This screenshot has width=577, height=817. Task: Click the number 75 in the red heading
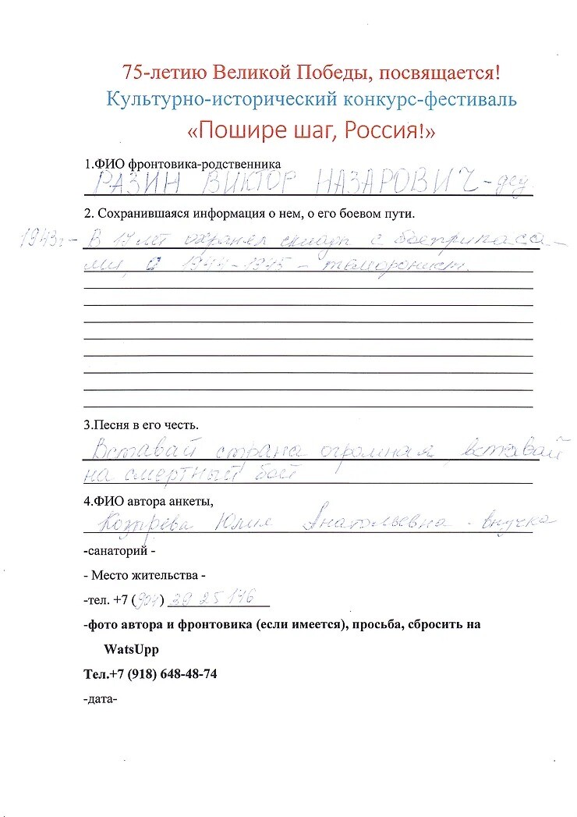[x=133, y=73]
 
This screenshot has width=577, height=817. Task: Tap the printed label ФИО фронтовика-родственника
[x=182, y=165]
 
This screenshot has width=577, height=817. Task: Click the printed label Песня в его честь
[x=141, y=425]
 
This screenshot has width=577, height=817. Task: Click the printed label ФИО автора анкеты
[x=148, y=500]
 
